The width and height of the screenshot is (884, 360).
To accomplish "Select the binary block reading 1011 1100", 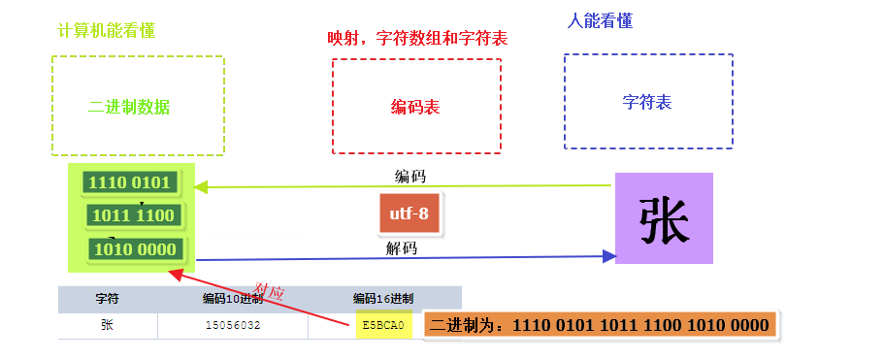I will pyautogui.click(x=131, y=214).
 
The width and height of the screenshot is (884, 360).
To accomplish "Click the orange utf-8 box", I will pyautogui.click(x=409, y=213).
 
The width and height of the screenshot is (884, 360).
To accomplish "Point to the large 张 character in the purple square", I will pyautogui.click(x=664, y=218).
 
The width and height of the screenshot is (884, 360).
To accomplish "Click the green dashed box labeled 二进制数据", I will pyautogui.click(x=137, y=106).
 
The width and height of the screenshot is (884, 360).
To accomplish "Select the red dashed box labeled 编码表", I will pyautogui.click(x=416, y=106).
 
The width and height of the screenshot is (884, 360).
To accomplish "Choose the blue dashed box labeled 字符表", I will pyautogui.click(x=647, y=101).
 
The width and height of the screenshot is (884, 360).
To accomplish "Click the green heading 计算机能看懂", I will pyautogui.click(x=107, y=30).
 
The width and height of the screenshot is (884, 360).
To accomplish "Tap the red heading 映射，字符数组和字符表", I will pyautogui.click(x=417, y=38).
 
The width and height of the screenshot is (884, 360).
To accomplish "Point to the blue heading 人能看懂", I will pyautogui.click(x=600, y=20).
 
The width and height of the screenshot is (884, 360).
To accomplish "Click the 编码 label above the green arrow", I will pyautogui.click(x=409, y=177).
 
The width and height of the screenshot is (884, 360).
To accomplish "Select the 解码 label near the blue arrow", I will pyautogui.click(x=402, y=248).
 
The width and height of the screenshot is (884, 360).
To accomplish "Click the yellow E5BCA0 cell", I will pyautogui.click(x=384, y=325).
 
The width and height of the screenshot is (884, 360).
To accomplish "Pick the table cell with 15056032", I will pyautogui.click(x=233, y=326).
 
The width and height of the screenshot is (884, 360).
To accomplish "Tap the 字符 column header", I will pyautogui.click(x=108, y=299).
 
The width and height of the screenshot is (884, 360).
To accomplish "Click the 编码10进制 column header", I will pyautogui.click(x=233, y=299).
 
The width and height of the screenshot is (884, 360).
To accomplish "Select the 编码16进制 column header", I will pyautogui.click(x=383, y=299).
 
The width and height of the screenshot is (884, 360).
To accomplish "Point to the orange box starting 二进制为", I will pyautogui.click(x=603, y=325).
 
